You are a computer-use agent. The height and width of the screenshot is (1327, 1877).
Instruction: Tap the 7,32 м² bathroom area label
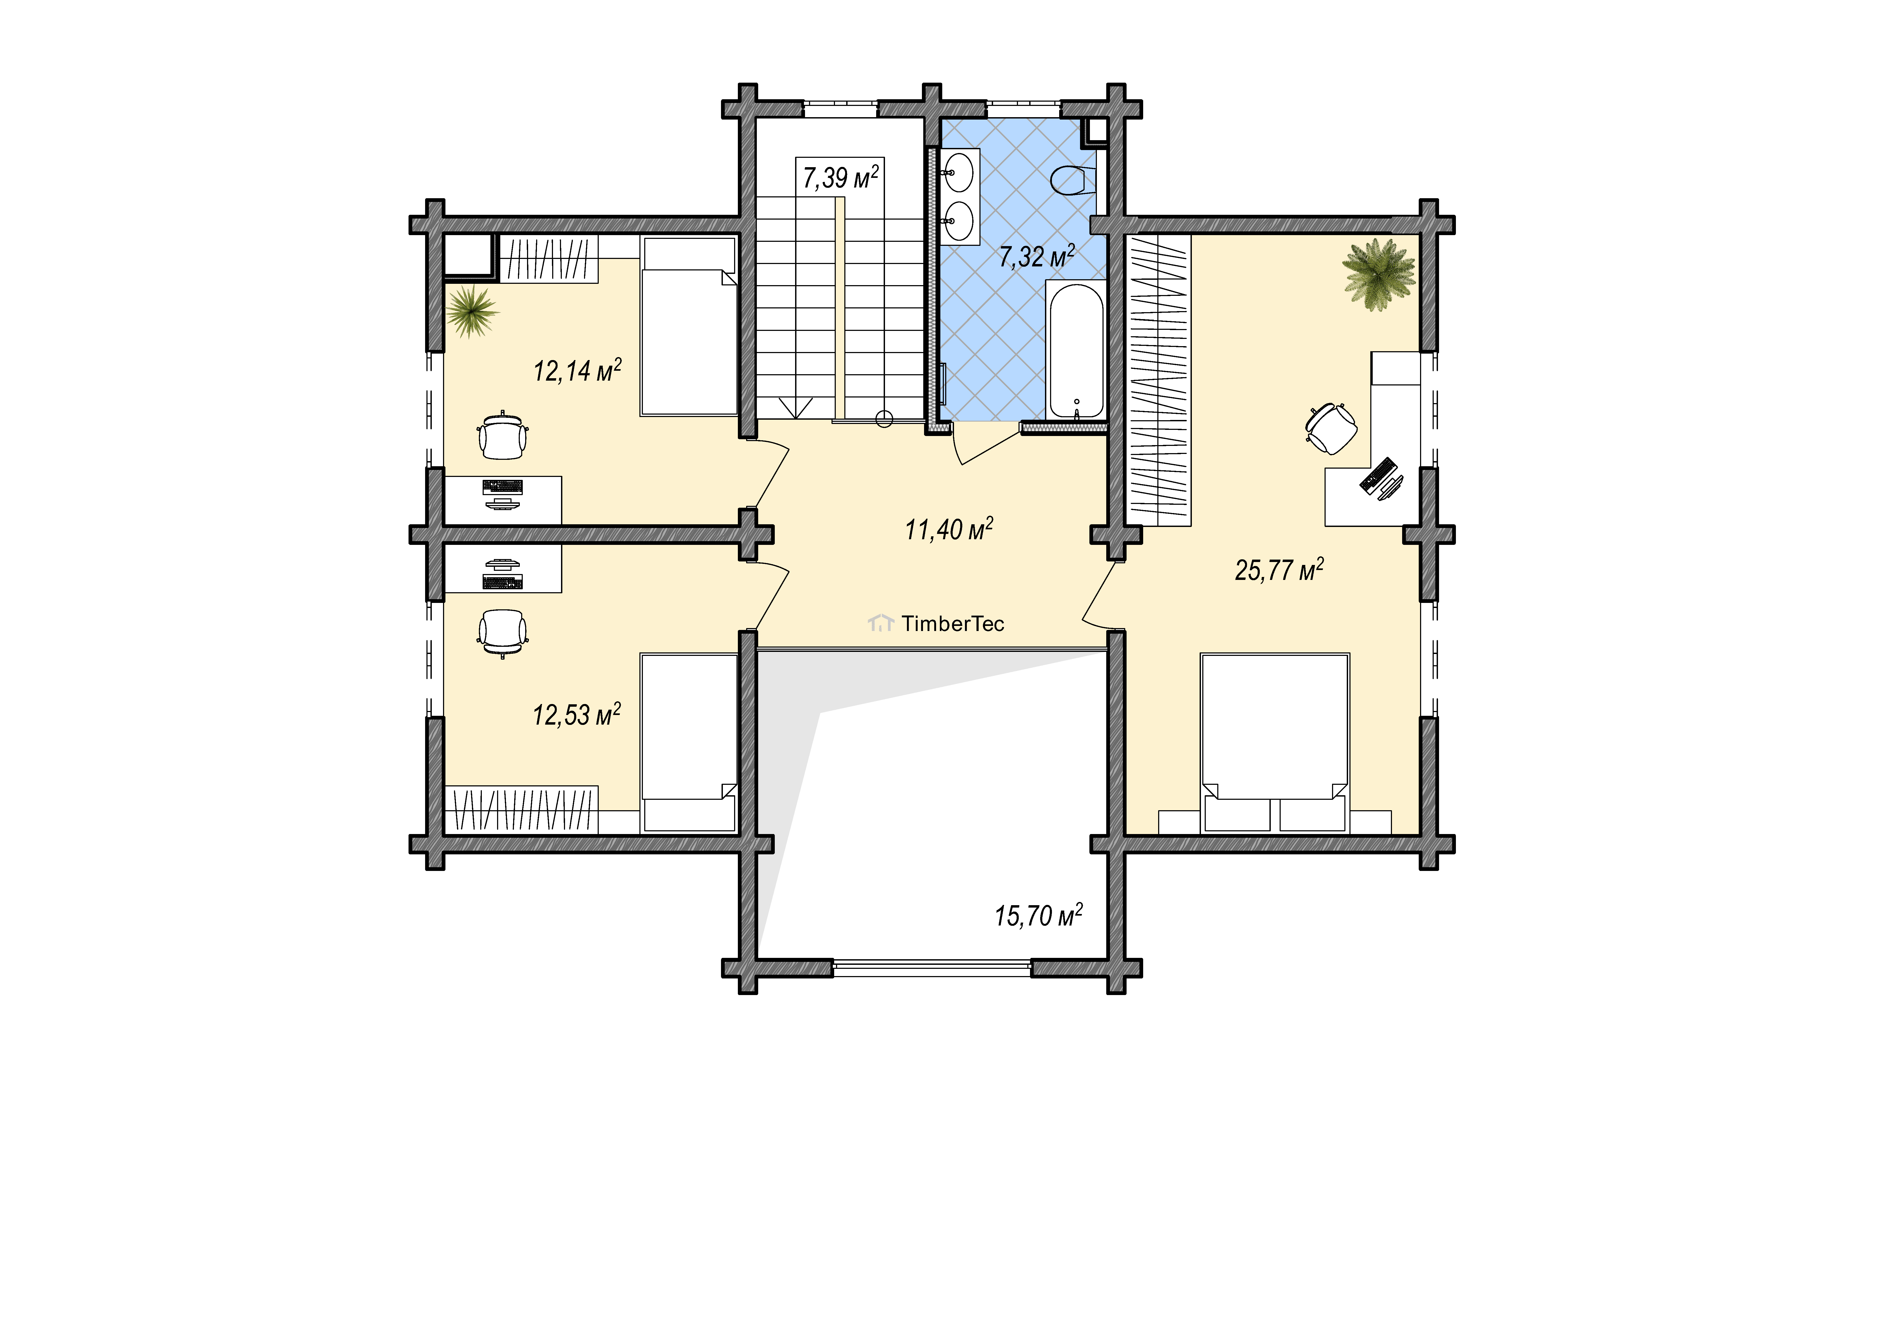pyautogui.click(x=1037, y=256)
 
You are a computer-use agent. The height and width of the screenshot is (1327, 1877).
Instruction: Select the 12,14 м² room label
pyautogui.click(x=577, y=370)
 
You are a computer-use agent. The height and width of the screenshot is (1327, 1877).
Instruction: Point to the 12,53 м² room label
pyautogui.click(x=576, y=715)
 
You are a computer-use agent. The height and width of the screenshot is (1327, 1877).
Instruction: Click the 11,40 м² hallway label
pyautogui.click(x=948, y=529)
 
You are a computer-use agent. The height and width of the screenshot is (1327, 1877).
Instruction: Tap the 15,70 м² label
pyautogui.click(x=1038, y=916)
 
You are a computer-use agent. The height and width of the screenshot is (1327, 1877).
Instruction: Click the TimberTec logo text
pyautogui.click(x=952, y=624)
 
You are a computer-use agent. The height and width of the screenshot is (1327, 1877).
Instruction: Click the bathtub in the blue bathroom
pyautogui.click(x=1076, y=350)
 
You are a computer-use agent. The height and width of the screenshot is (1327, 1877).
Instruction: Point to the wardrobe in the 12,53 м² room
pyautogui.click(x=522, y=809)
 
